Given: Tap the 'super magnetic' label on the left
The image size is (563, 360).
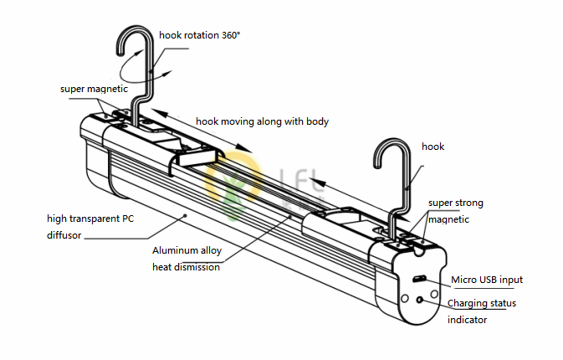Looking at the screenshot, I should click(x=93, y=88).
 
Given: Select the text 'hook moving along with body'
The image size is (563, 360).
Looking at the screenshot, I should click(x=262, y=121).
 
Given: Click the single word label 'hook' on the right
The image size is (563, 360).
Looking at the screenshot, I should click(x=432, y=147).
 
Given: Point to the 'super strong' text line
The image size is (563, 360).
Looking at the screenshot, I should click(x=455, y=203).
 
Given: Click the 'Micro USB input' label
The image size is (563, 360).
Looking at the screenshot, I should click(x=487, y=280).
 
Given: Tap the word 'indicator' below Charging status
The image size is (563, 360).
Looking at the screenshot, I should click(x=467, y=320).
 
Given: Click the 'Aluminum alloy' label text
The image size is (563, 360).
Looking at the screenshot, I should click(x=187, y=250).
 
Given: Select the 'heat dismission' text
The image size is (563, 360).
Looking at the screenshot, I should click(x=186, y=267).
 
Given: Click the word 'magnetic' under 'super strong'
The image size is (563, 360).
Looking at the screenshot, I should click(x=448, y=219).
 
